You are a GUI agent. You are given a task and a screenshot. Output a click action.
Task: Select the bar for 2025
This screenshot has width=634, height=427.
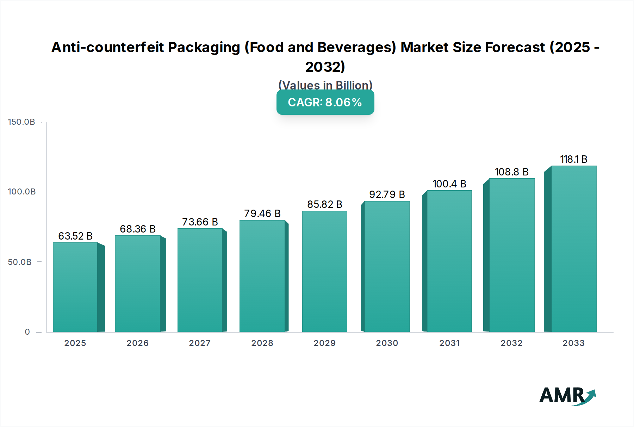(x=75, y=287)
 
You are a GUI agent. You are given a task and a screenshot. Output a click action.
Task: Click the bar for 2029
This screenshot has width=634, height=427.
(x=325, y=271)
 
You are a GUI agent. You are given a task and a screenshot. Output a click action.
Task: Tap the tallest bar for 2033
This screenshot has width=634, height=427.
(x=574, y=249)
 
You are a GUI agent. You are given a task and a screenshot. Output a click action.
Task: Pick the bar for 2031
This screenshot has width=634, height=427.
(x=449, y=261)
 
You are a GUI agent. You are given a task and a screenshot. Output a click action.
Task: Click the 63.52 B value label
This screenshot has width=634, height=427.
(x=75, y=236)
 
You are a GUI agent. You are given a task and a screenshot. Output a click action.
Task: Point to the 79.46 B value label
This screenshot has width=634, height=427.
(x=262, y=213)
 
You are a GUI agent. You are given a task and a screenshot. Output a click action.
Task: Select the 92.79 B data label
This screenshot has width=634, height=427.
(x=387, y=194)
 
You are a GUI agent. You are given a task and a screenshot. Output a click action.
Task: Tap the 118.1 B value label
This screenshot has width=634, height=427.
(x=574, y=159)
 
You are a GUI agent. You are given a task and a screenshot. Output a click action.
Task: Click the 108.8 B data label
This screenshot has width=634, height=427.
(x=511, y=172)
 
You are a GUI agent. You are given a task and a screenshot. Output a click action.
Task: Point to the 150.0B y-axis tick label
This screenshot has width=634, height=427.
(x=21, y=122)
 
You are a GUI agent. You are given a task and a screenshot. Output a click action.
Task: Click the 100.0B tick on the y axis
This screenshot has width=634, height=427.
(x=22, y=192)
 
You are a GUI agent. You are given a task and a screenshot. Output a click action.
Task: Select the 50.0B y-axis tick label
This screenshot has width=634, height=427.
(x=20, y=262)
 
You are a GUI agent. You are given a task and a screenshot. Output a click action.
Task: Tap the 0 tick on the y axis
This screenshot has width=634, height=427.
(x=27, y=332)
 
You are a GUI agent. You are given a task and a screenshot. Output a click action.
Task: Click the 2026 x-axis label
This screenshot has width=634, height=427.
(x=138, y=343)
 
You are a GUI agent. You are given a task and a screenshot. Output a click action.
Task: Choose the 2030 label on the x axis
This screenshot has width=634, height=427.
(x=387, y=343)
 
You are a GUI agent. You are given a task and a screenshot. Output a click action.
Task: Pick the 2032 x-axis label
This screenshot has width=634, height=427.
(x=511, y=343)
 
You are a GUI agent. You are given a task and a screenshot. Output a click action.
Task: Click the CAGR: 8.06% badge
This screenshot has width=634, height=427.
(x=325, y=102)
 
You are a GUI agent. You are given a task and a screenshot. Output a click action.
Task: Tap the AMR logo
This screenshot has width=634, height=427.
(x=567, y=396)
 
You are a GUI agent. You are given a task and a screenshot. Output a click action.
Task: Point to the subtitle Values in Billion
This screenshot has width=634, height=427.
(x=325, y=85)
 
